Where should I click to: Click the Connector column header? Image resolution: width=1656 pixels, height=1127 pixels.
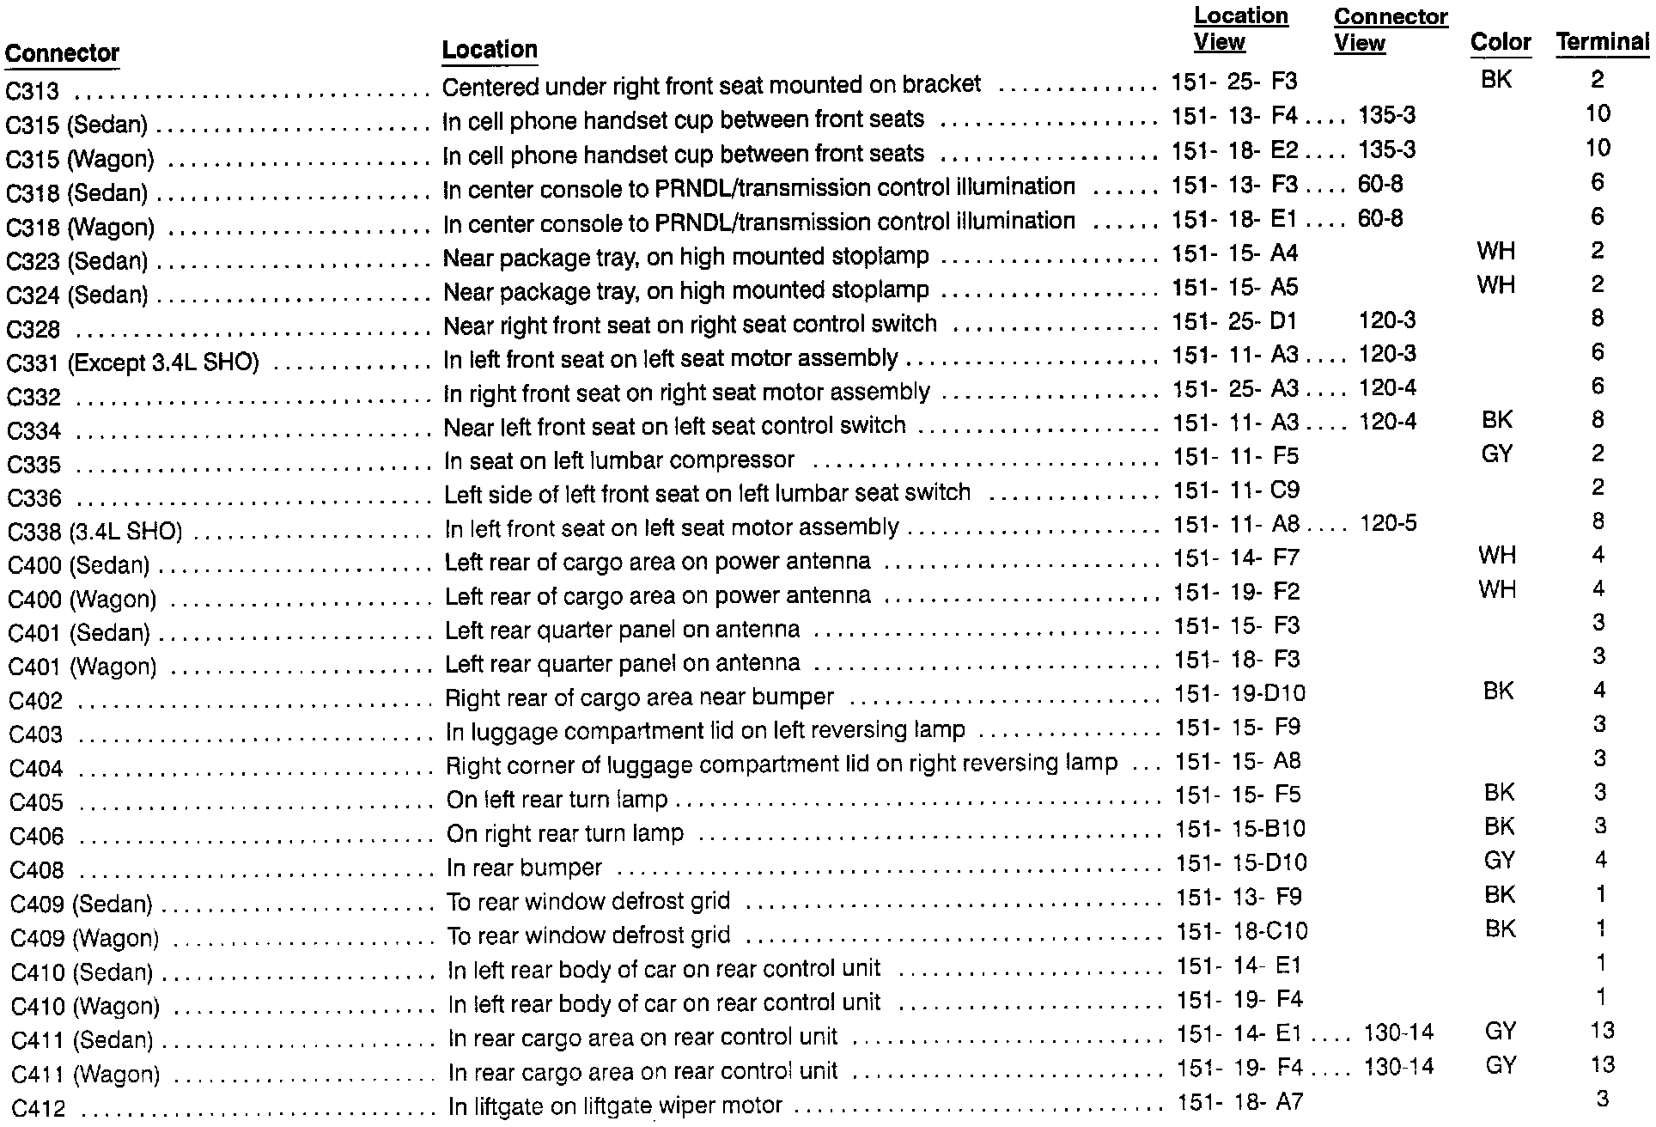coord(62,53)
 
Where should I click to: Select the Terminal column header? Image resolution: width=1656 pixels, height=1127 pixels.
coord(1602,42)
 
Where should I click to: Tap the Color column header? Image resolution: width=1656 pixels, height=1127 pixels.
coord(1500,42)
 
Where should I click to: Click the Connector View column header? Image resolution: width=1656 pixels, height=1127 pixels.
coord(1390,30)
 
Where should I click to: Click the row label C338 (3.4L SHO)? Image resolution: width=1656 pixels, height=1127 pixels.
coord(94,532)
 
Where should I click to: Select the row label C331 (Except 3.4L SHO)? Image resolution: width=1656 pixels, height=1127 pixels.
coord(132,362)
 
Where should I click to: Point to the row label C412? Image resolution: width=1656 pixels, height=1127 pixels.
coord(39,1108)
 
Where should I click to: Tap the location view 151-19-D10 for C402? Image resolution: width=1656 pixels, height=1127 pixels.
coord(1239,693)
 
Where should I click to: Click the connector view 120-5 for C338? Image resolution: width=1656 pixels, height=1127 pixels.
coord(1388,523)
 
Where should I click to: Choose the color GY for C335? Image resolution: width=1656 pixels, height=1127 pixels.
coord(1497,454)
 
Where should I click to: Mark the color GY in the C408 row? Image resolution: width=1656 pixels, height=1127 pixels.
coord(1499,861)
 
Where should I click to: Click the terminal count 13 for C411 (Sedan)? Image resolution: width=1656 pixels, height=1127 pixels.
coord(1602,1031)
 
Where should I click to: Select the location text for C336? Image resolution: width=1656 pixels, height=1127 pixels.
coord(707,493)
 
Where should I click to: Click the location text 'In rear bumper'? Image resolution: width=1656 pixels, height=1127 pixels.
coord(524,868)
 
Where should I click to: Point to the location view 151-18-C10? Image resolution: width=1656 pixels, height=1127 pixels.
coord(1241,931)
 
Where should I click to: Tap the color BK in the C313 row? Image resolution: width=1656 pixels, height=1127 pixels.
coord(1496,80)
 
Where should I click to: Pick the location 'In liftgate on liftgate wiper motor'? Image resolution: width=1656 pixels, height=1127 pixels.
coord(615,1106)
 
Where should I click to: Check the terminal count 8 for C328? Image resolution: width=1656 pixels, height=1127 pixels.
coord(1597,319)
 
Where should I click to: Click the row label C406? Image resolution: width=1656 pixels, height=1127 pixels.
coord(37,836)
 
